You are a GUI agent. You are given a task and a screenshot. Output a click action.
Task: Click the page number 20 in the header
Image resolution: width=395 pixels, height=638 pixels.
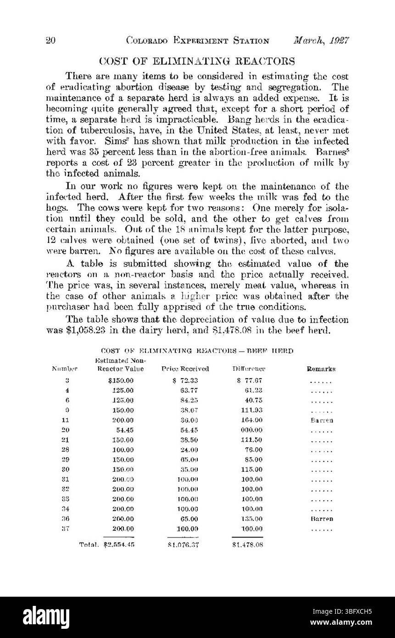point(50,40)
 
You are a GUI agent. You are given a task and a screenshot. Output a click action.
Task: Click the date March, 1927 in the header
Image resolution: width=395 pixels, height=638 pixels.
point(322,40)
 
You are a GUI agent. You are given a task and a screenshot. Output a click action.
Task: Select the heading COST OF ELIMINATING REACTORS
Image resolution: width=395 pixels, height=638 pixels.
point(197,61)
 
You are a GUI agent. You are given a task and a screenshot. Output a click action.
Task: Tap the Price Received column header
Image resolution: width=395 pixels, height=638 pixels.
point(185,369)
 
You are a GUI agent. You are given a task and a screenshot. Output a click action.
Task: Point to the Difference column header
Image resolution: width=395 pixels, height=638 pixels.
point(249,369)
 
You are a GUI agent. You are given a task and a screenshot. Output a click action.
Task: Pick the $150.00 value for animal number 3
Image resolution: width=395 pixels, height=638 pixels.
point(121,381)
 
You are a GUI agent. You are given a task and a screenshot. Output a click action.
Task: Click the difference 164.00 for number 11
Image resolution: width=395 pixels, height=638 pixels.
point(252,420)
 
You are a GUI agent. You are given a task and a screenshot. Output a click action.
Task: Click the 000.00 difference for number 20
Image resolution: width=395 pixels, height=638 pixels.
point(252,430)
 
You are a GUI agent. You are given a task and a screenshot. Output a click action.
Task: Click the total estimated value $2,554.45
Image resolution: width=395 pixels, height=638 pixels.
point(119,545)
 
